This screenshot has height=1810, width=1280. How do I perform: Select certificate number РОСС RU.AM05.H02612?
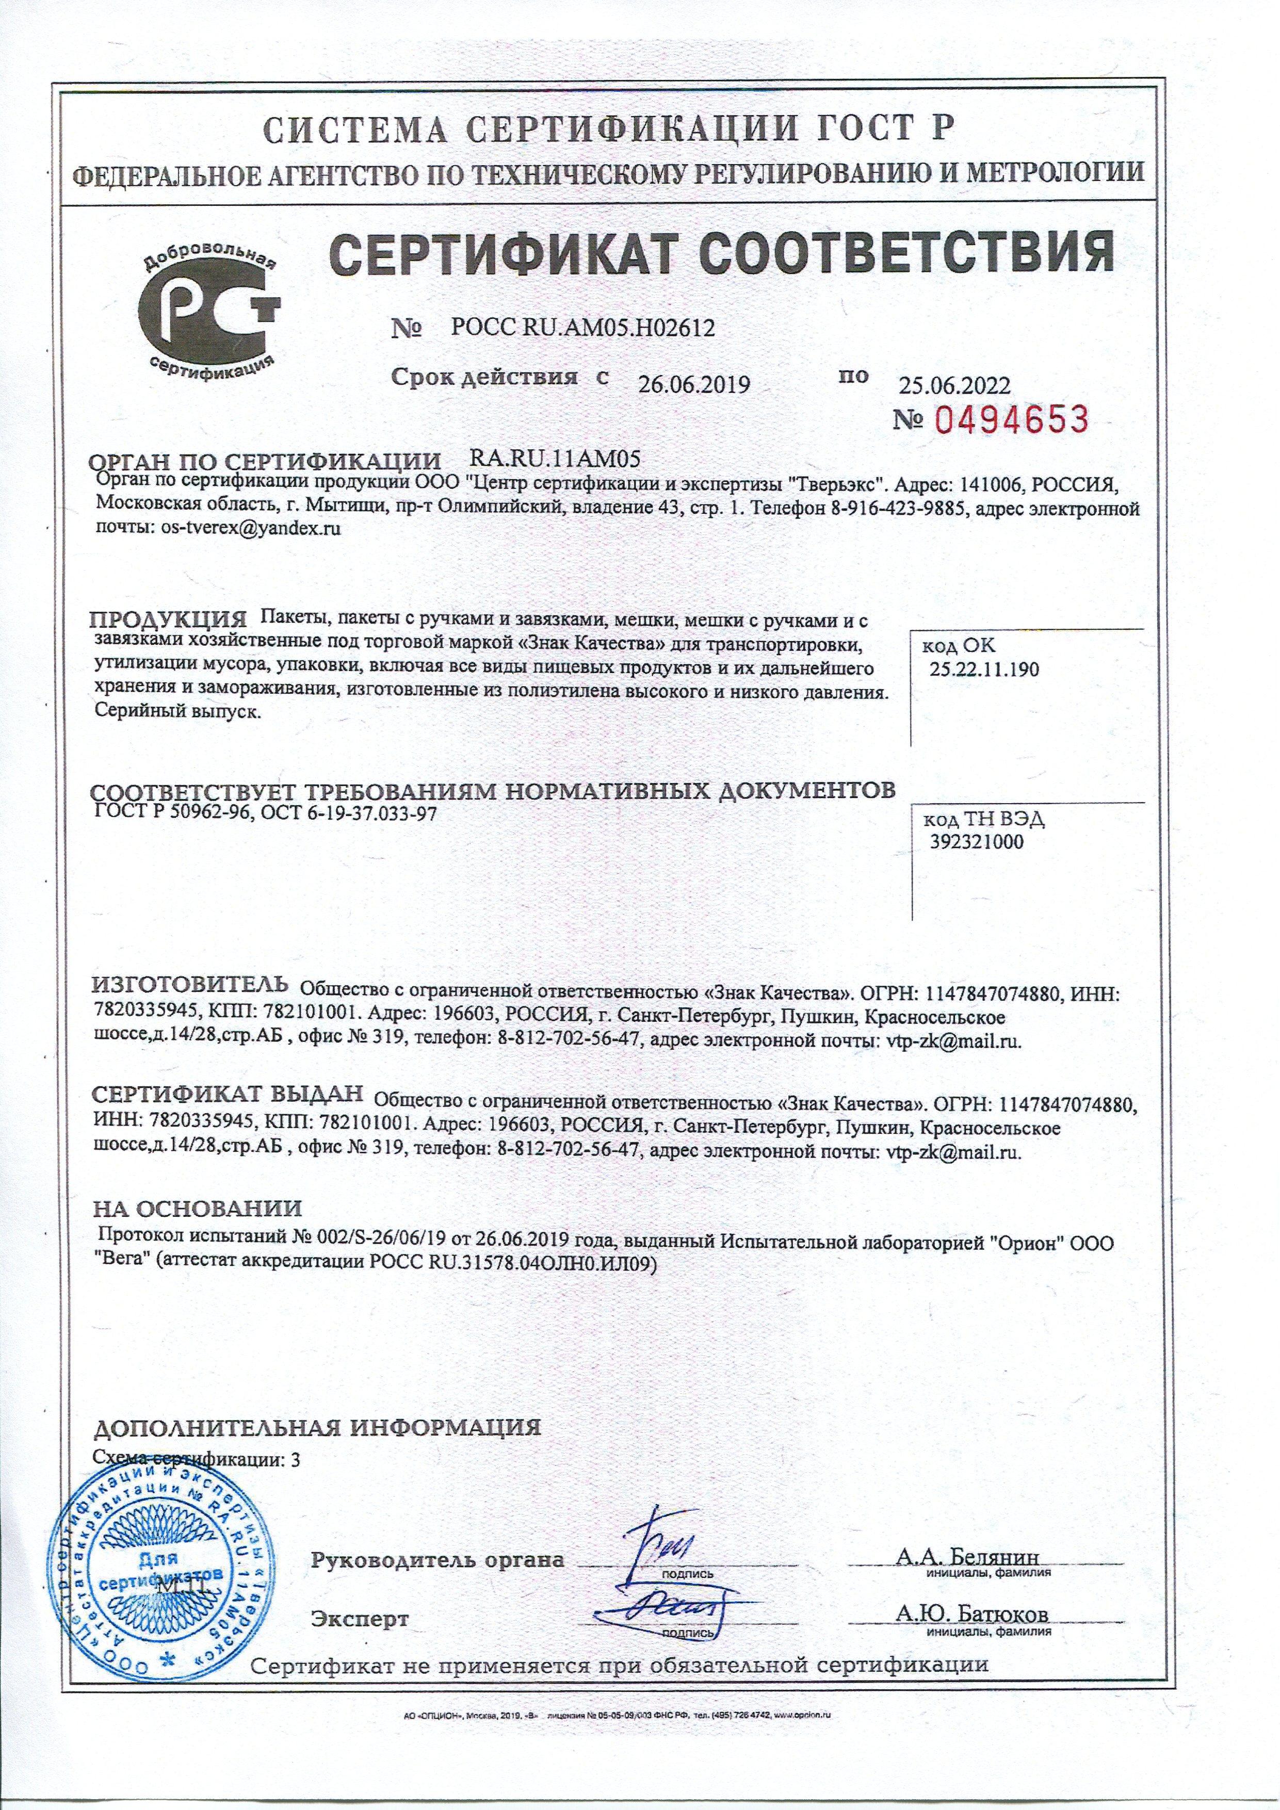tap(583, 327)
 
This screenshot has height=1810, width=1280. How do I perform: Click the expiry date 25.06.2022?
tap(954, 385)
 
